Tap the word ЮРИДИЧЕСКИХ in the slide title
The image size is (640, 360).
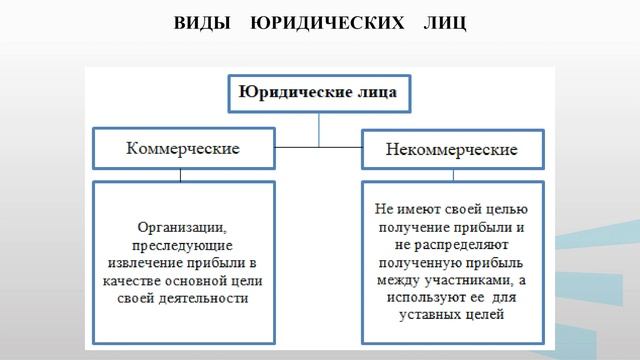coord(318,21)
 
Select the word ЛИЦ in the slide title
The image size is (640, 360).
coord(440,21)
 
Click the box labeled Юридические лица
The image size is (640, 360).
coord(318,94)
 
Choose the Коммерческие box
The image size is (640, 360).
coord(181,148)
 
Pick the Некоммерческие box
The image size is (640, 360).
coord(452,150)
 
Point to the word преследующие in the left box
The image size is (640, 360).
coord(181,245)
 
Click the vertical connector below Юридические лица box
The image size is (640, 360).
coord(318,128)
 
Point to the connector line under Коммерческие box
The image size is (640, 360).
coord(181,174)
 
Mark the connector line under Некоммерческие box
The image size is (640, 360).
coord(452,175)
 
